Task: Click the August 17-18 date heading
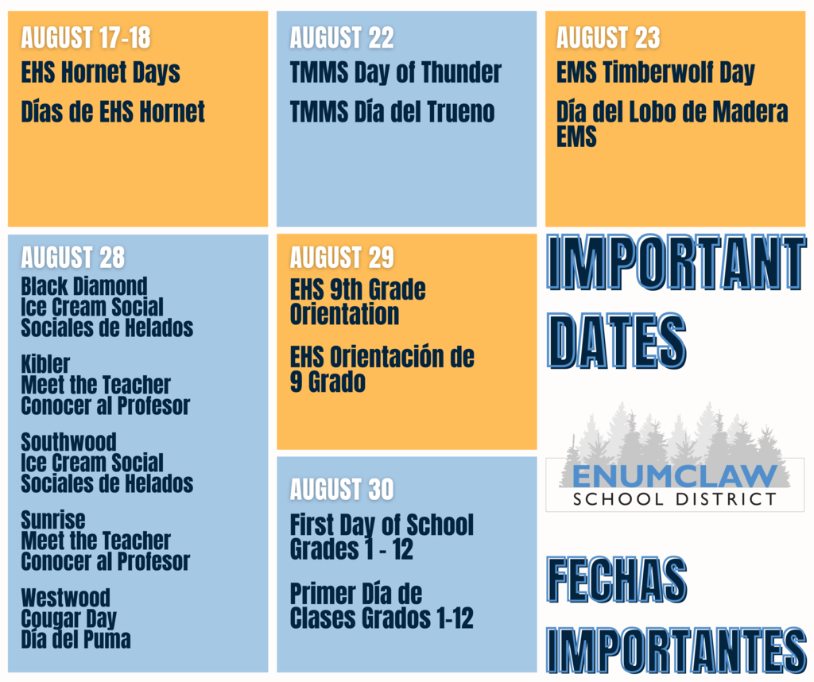[x=86, y=38]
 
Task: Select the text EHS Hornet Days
[x=100, y=72]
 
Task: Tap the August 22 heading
[x=342, y=38]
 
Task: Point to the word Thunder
[x=461, y=72]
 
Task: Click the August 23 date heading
[x=608, y=38]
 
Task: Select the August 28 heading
[x=72, y=258]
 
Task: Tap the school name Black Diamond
[x=84, y=286]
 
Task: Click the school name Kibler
[x=45, y=364]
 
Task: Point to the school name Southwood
[x=68, y=442]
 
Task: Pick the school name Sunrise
[x=53, y=520]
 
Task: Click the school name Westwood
[x=65, y=598]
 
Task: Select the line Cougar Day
[x=68, y=618]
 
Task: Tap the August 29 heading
[x=342, y=258]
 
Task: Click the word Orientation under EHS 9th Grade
[x=344, y=314]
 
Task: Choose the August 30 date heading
[x=342, y=489]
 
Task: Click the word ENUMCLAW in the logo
[x=674, y=476]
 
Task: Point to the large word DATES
[x=616, y=341]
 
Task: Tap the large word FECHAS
[x=617, y=579]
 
